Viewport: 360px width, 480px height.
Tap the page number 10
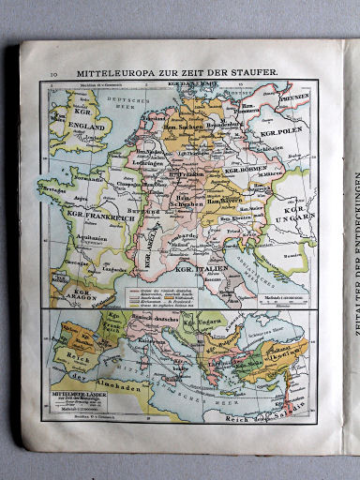(53, 71)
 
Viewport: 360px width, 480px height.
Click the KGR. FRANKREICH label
(100, 215)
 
